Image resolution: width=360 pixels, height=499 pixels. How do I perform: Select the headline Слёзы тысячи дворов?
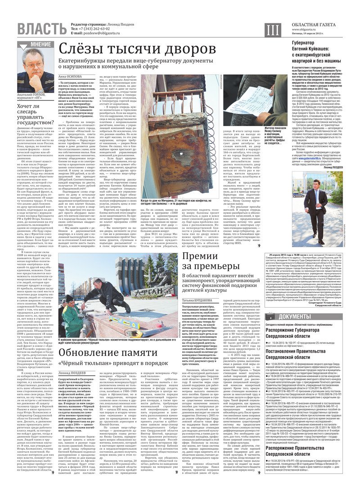[135, 48]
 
